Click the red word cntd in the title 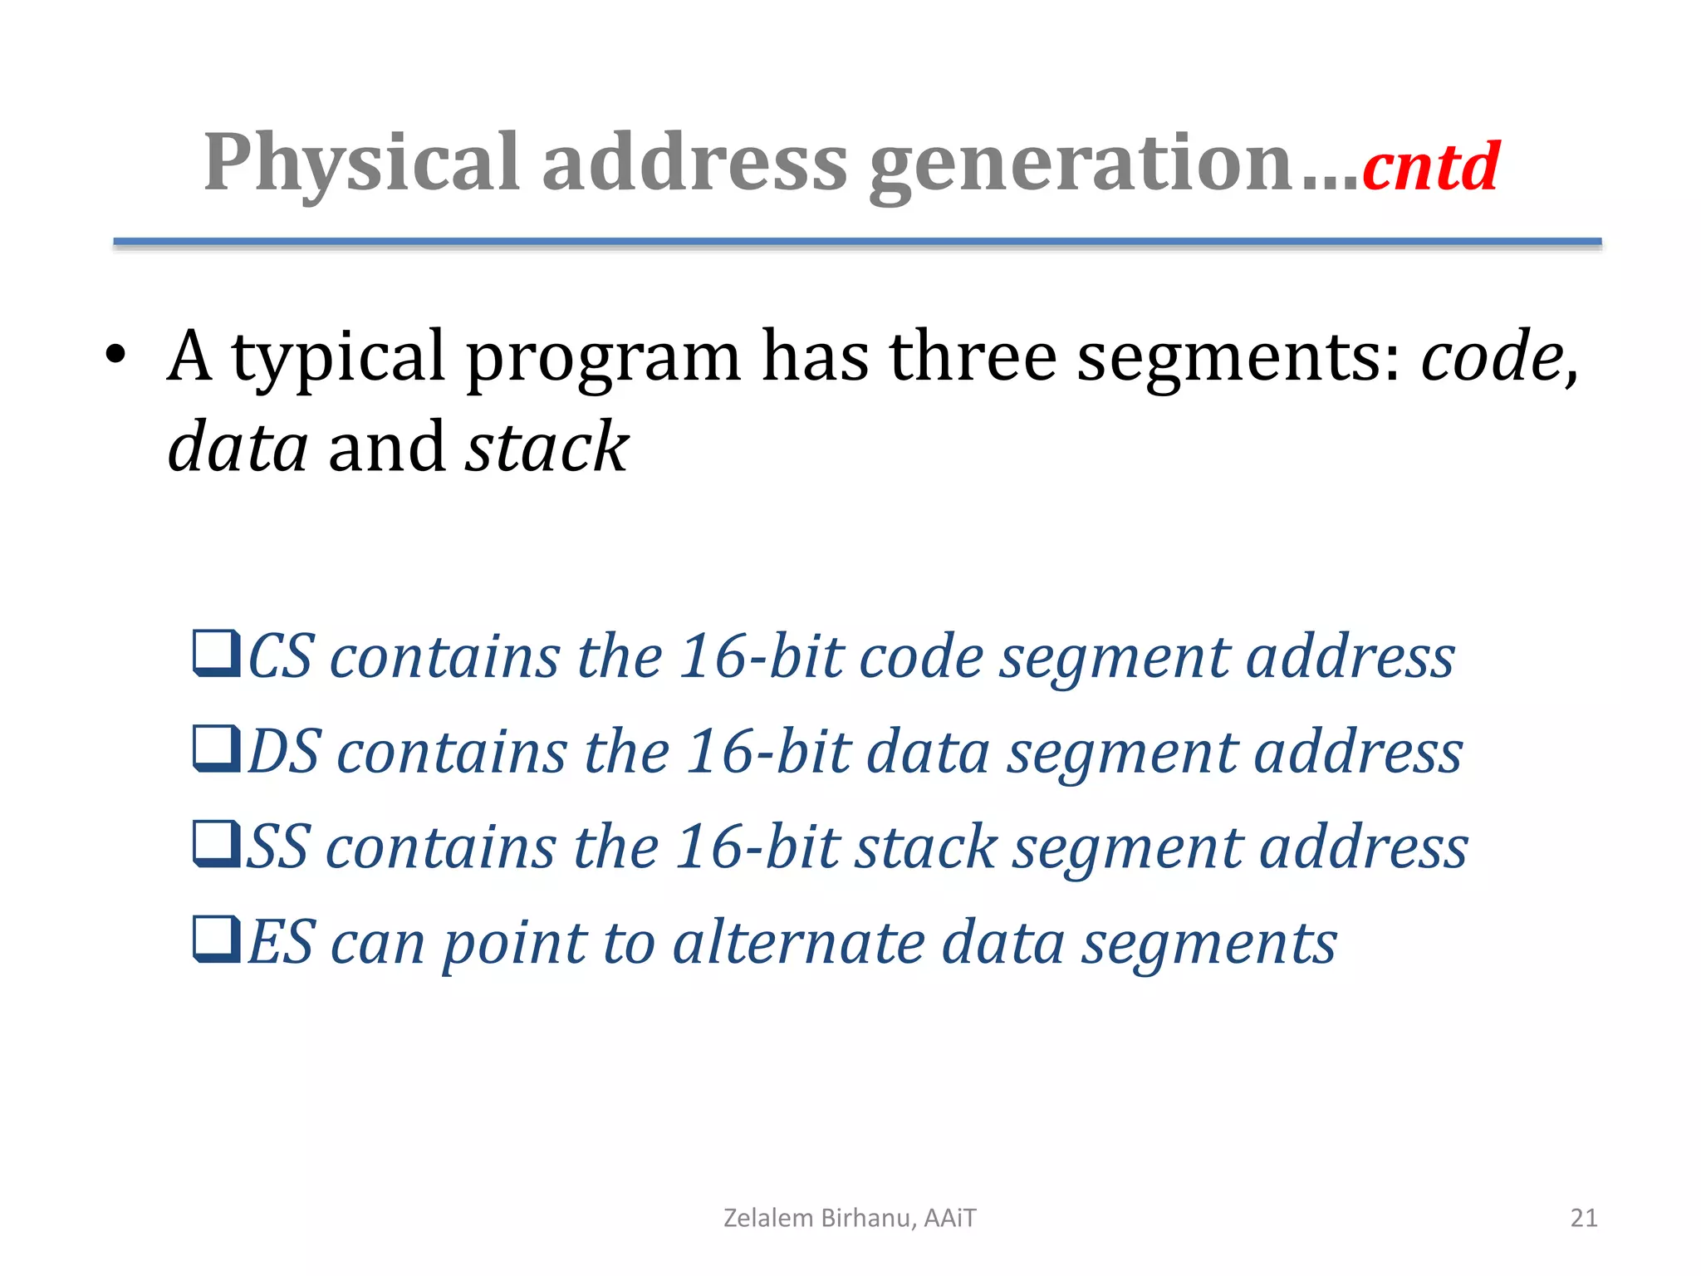coord(1430,167)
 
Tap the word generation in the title coord(1080,164)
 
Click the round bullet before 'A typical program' coord(115,356)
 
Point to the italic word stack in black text coord(547,448)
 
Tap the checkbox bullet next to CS coord(217,654)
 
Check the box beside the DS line coord(217,748)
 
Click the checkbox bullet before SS coord(217,843)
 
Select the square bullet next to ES coord(217,939)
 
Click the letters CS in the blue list coord(282,656)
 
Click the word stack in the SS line coord(925,847)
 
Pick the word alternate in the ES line coord(798,943)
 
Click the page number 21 coord(1583,1218)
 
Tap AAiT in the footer coord(950,1218)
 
